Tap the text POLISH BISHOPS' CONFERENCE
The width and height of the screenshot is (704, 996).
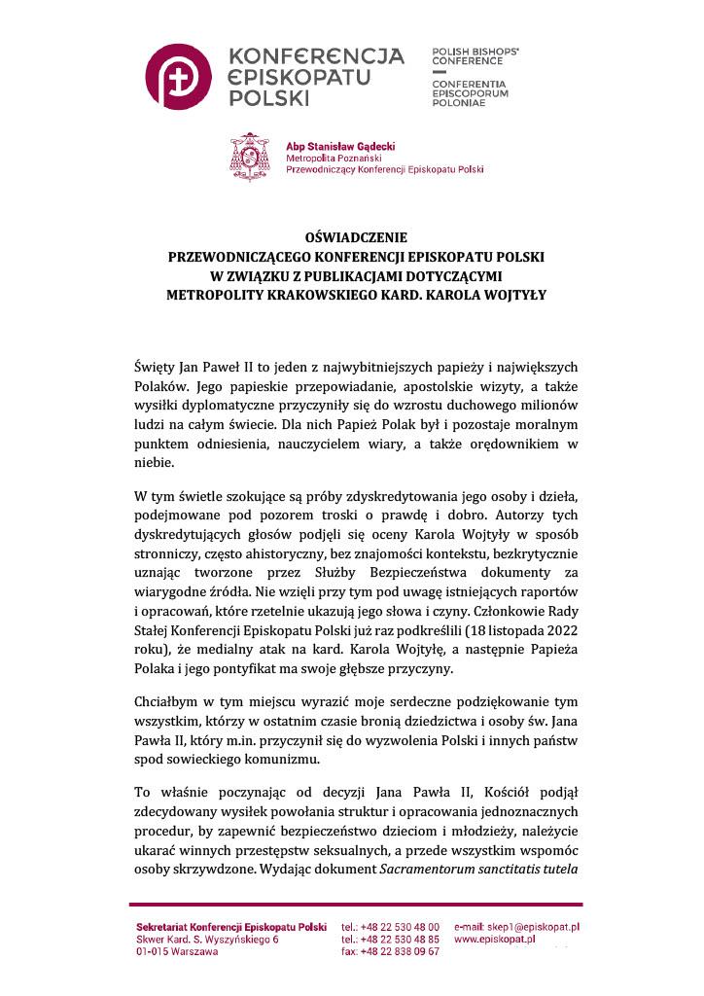coord(475,53)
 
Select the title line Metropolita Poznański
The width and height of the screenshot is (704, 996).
coord(333,157)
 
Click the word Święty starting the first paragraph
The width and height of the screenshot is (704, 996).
coord(155,367)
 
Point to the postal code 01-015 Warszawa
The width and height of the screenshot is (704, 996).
coord(177,951)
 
